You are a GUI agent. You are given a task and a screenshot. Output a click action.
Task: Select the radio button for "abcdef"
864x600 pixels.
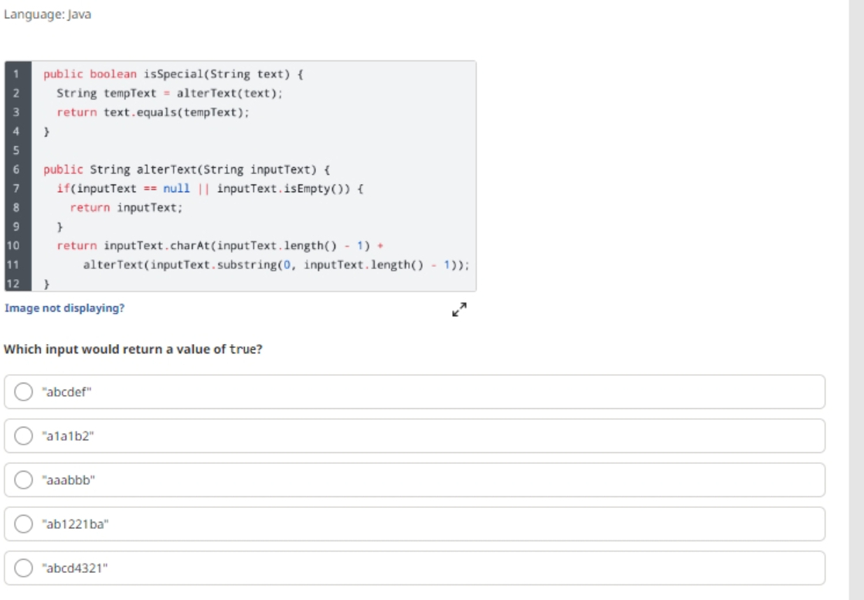[23, 391]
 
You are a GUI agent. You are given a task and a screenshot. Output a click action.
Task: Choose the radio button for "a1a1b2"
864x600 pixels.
[23, 435]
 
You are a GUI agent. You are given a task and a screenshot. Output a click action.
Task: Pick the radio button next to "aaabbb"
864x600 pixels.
[23, 480]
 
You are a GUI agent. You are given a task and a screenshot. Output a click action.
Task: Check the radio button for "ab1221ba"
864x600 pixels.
[23, 524]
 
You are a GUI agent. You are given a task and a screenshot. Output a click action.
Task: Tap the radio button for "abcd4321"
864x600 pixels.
[23, 568]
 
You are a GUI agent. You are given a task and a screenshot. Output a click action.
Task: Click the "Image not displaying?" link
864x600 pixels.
[64, 309]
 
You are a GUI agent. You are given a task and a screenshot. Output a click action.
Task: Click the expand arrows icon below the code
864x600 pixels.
[460, 309]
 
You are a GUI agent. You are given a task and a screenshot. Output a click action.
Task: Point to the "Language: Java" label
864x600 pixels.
[47, 15]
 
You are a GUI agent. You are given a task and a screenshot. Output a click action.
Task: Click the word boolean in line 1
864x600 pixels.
[113, 74]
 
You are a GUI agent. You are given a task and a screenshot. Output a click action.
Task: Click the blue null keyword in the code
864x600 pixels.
[176, 189]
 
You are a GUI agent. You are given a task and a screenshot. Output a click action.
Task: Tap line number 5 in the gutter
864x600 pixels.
[16, 150]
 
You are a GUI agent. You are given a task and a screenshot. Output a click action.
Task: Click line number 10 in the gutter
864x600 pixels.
[13, 245]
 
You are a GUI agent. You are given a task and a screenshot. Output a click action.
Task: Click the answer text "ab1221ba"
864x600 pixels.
[76, 524]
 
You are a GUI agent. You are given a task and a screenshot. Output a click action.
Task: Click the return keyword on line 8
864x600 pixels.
[90, 207]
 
